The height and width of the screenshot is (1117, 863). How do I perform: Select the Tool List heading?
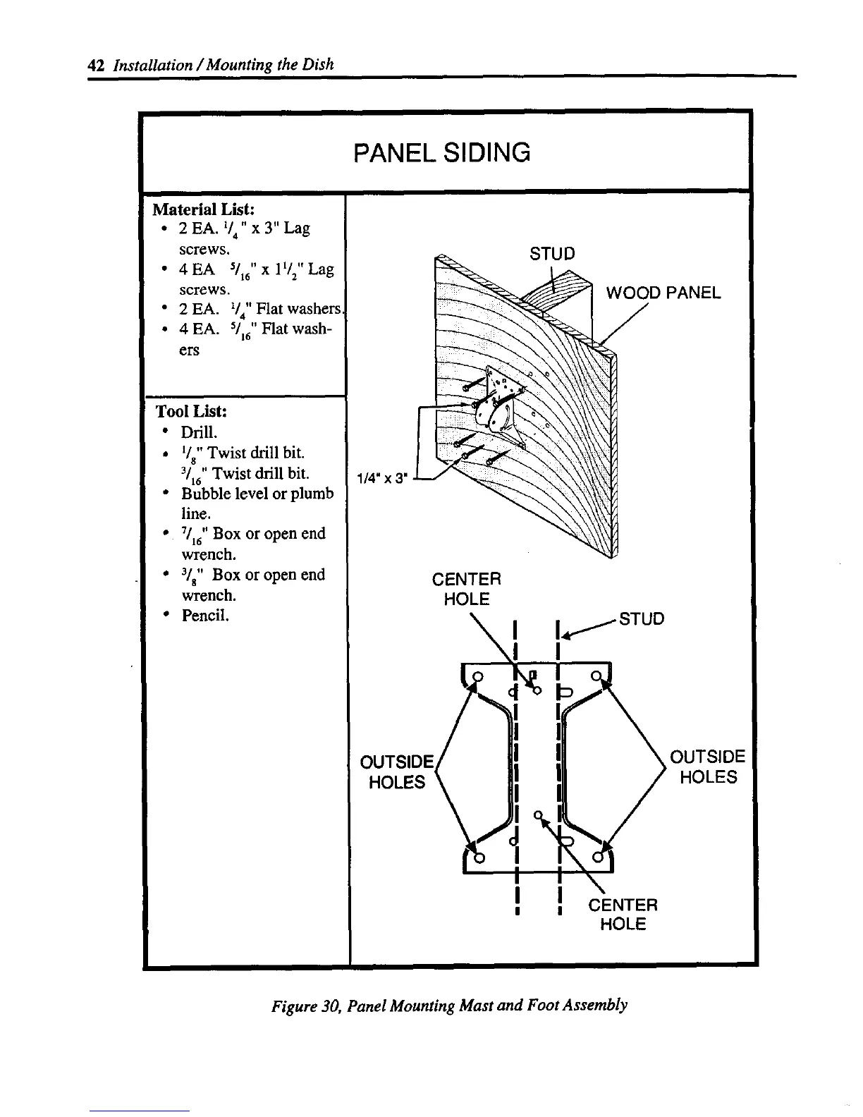click(x=190, y=411)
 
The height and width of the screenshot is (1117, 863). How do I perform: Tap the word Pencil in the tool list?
click(x=205, y=615)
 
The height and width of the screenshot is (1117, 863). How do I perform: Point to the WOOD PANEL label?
click(x=663, y=293)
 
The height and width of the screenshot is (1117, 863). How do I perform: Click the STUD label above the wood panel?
click(x=552, y=253)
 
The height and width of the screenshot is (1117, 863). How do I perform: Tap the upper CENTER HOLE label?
click(x=466, y=589)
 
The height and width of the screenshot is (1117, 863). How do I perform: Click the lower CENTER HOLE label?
click(x=623, y=914)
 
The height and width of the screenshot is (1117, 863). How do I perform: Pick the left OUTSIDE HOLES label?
click(x=396, y=772)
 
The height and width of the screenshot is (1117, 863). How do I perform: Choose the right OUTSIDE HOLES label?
click(x=707, y=767)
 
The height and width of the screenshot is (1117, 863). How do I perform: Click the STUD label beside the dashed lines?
click(x=641, y=619)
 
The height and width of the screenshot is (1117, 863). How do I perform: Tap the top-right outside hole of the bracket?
click(x=596, y=676)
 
